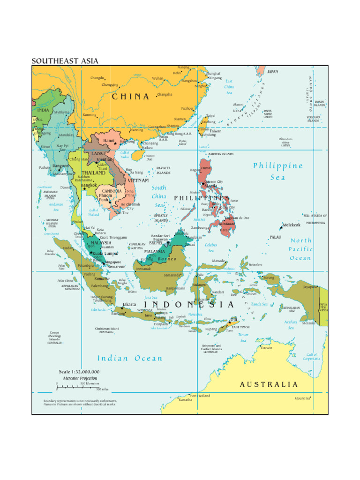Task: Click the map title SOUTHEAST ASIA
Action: [x=65, y=61]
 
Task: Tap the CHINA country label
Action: [x=130, y=97]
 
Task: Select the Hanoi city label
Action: [x=109, y=140]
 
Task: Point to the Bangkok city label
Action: [x=89, y=185]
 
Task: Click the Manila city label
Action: [x=210, y=186]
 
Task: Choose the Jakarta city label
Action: [x=129, y=304]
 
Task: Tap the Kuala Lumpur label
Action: [x=105, y=254]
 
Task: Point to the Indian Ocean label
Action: [x=130, y=359]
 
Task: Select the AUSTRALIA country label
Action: [x=269, y=384]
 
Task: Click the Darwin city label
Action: [x=266, y=348]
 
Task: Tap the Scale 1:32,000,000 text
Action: [x=79, y=372]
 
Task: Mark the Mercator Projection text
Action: [x=80, y=378]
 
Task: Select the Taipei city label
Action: [x=210, y=115]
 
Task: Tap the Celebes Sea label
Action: [x=211, y=247]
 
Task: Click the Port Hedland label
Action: [x=200, y=396]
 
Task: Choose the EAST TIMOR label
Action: [x=241, y=327]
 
